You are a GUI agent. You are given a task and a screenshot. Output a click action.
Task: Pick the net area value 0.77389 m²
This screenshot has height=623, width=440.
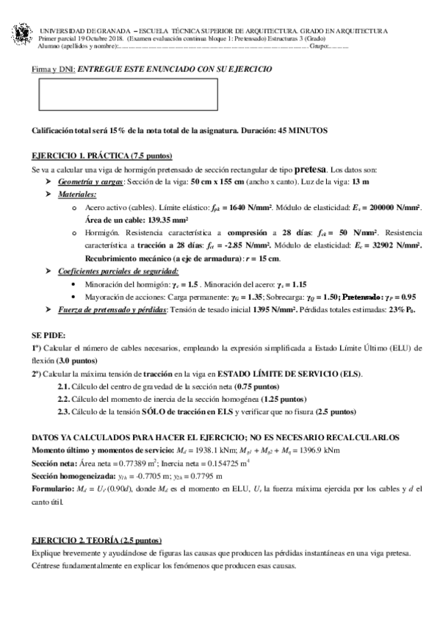(138, 461)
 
